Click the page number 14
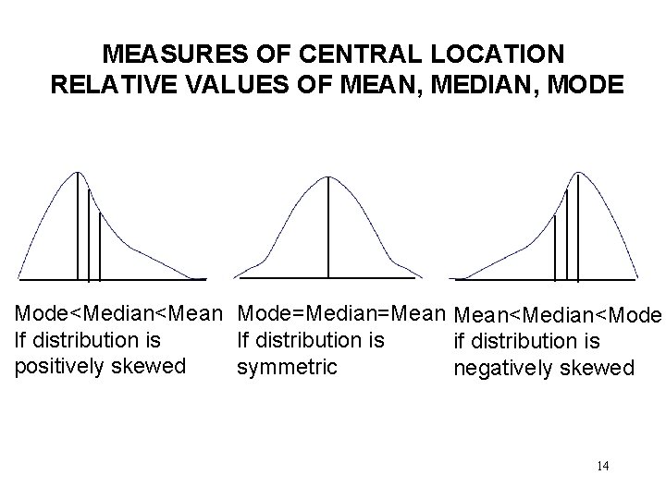pyautogui.click(x=602, y=465)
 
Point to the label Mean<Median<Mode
pyautogui.click(x=558, y=318)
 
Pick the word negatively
pyautogui.click(x=505, y=369)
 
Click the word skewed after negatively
pyautogui.click(x=599, y=369)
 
